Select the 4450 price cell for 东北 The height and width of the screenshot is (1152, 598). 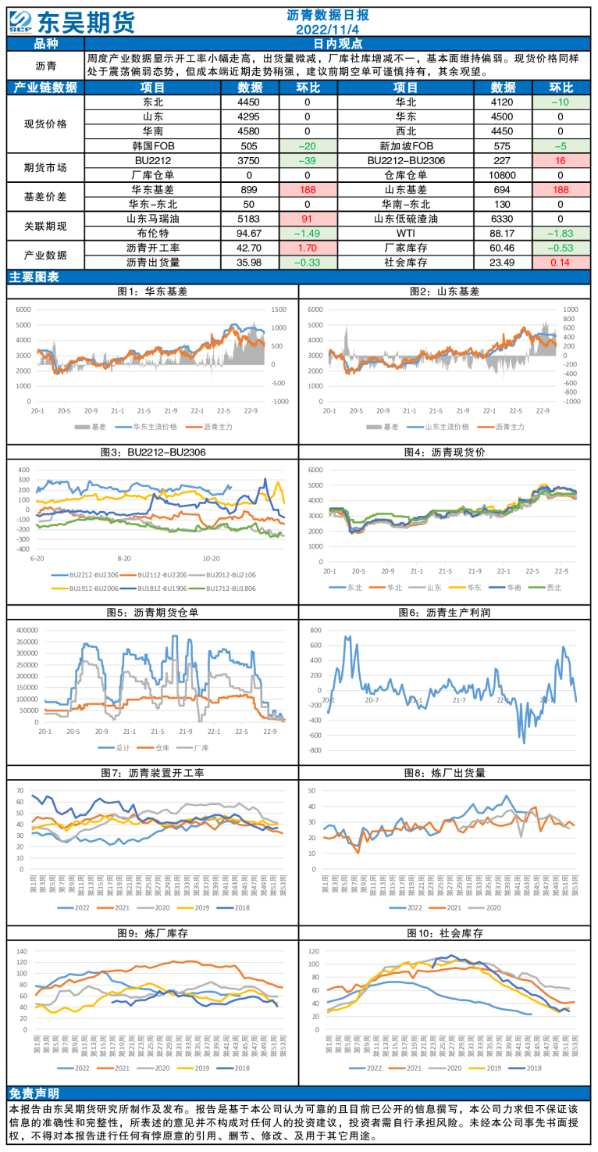pos(250,102)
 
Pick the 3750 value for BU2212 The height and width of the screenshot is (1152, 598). pos(250,161)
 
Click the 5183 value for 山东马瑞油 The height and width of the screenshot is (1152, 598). pos(250,219)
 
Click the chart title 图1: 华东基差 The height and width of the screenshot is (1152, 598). pos(152,292)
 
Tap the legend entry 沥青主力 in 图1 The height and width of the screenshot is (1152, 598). pos(218,428)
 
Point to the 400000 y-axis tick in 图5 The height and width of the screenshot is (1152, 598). pos(26,629)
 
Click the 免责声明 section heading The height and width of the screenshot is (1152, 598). pos(34,1092)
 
